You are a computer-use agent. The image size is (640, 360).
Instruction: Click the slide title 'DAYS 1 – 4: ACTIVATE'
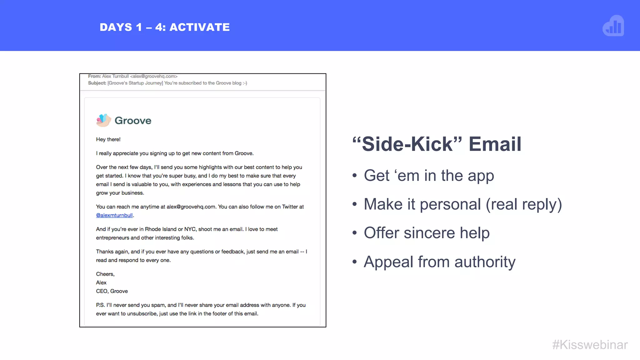click(165, 27)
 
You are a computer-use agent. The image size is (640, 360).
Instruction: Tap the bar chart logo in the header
click(613, 26)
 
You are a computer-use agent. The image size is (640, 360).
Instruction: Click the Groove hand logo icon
click(103, 120)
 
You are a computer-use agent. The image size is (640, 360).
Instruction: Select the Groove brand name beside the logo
click(133, 121)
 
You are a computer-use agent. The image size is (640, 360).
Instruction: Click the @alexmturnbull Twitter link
click(114, 215)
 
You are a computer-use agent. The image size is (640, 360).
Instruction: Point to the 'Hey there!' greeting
click(108, 139)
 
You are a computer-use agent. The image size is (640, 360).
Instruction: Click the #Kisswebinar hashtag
click(590, 345)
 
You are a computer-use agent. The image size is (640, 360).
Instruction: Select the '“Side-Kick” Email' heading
click(437, 144)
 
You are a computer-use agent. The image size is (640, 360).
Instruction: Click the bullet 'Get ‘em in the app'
click(429, 176)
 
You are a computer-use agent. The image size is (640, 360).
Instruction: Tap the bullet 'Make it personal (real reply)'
click(462, 204)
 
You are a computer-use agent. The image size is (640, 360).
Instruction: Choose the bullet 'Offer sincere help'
click(427, 233)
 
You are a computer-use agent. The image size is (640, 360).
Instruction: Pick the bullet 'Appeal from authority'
click(439, 262)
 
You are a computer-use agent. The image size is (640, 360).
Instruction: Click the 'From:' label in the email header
click(94, 76)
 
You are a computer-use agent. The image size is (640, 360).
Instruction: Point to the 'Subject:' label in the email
click(97, 83)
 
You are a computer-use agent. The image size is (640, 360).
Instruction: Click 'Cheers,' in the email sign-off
click(105, 274)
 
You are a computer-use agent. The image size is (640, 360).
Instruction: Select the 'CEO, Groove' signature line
click(112, 291)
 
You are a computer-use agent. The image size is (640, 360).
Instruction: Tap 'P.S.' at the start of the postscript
click(100, 305)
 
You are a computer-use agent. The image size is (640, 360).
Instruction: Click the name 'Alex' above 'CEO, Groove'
click(101, 282)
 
